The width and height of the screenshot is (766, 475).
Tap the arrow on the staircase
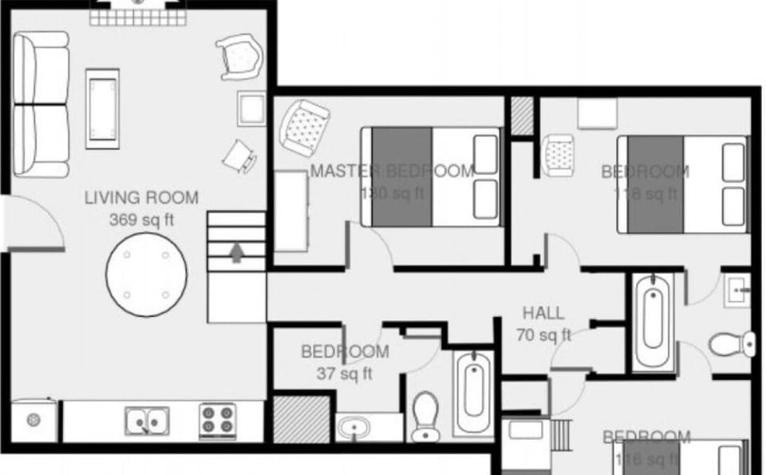pos(236,252)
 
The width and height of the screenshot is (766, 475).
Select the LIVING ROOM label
pos(141,197)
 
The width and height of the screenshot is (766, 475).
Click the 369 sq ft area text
pos(141,220)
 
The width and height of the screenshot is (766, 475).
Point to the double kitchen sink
pos(147,419)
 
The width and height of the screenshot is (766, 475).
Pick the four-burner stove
pos(217,420)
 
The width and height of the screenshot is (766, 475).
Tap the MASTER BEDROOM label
pos(392,171)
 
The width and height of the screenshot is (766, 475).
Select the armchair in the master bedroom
pos(304,126)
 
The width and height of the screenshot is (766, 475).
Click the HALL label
pos(543,313)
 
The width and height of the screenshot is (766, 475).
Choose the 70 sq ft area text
pos(543,335)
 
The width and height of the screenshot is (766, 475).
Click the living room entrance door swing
pos(36,224)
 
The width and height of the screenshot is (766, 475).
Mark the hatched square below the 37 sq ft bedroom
pos(302,417)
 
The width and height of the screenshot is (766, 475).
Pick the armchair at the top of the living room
pos(240,56)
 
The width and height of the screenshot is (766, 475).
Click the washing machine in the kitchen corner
pos(34,420)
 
